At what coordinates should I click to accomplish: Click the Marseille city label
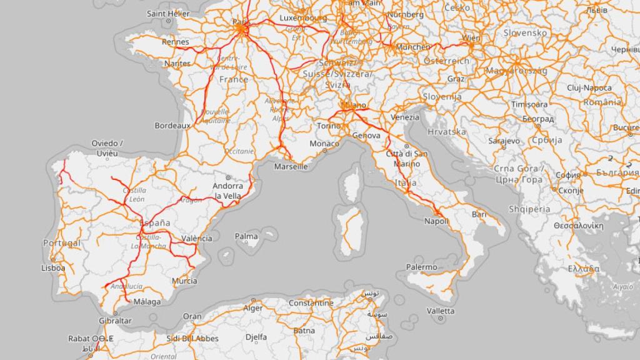291,167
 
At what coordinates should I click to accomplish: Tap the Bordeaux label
172,126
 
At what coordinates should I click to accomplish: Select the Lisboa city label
53,267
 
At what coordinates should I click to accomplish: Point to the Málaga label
147,302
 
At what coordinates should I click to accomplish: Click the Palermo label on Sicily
421,267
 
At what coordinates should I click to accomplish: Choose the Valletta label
441,311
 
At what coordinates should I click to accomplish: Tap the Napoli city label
436,221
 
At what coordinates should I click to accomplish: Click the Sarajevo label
504,141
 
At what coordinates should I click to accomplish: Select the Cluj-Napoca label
589,88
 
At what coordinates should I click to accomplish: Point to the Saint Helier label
168,13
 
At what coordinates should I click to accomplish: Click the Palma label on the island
246,236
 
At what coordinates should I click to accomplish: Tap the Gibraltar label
115,321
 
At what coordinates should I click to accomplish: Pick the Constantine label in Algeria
311,303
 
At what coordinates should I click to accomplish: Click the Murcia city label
184,281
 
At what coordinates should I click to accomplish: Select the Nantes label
177,64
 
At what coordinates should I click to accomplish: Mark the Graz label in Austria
456,79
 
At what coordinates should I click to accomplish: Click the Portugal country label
61,242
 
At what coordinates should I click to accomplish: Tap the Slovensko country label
525,32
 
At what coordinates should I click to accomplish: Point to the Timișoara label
529,104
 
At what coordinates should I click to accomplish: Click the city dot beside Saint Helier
168,21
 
